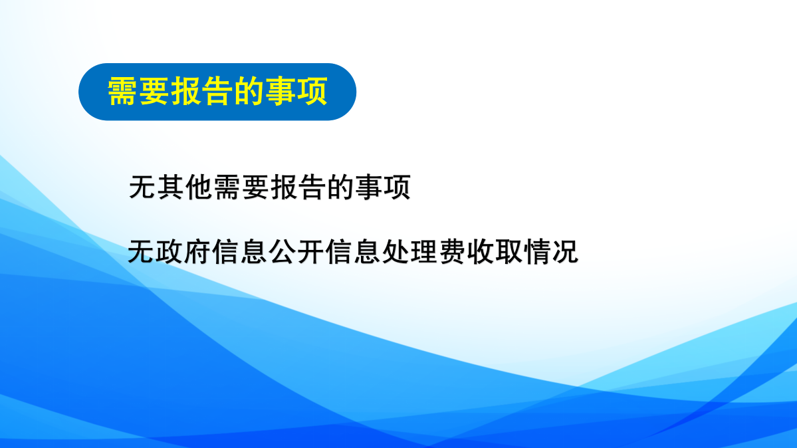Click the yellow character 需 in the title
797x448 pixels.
[122, 92]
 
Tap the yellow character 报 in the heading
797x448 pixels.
[186, 92]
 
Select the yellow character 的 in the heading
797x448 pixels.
[249, 92]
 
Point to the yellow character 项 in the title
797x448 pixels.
[312, 92]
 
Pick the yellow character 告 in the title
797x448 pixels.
[217, 92]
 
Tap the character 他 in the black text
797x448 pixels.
[199, 187]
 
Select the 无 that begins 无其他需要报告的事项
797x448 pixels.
[143, 187]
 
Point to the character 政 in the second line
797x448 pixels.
[170, 251]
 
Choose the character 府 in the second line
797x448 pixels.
[197, 251]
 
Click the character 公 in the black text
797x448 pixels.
[283, 251]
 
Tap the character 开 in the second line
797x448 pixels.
[310, 251]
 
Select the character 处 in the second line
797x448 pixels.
[396, 251]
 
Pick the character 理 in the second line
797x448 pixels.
[424, 251]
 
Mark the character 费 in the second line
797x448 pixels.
[453, 251]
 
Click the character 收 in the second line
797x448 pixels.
[481, 251]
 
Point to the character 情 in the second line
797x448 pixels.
[537, 251]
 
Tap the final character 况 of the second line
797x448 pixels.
[565, 251]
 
